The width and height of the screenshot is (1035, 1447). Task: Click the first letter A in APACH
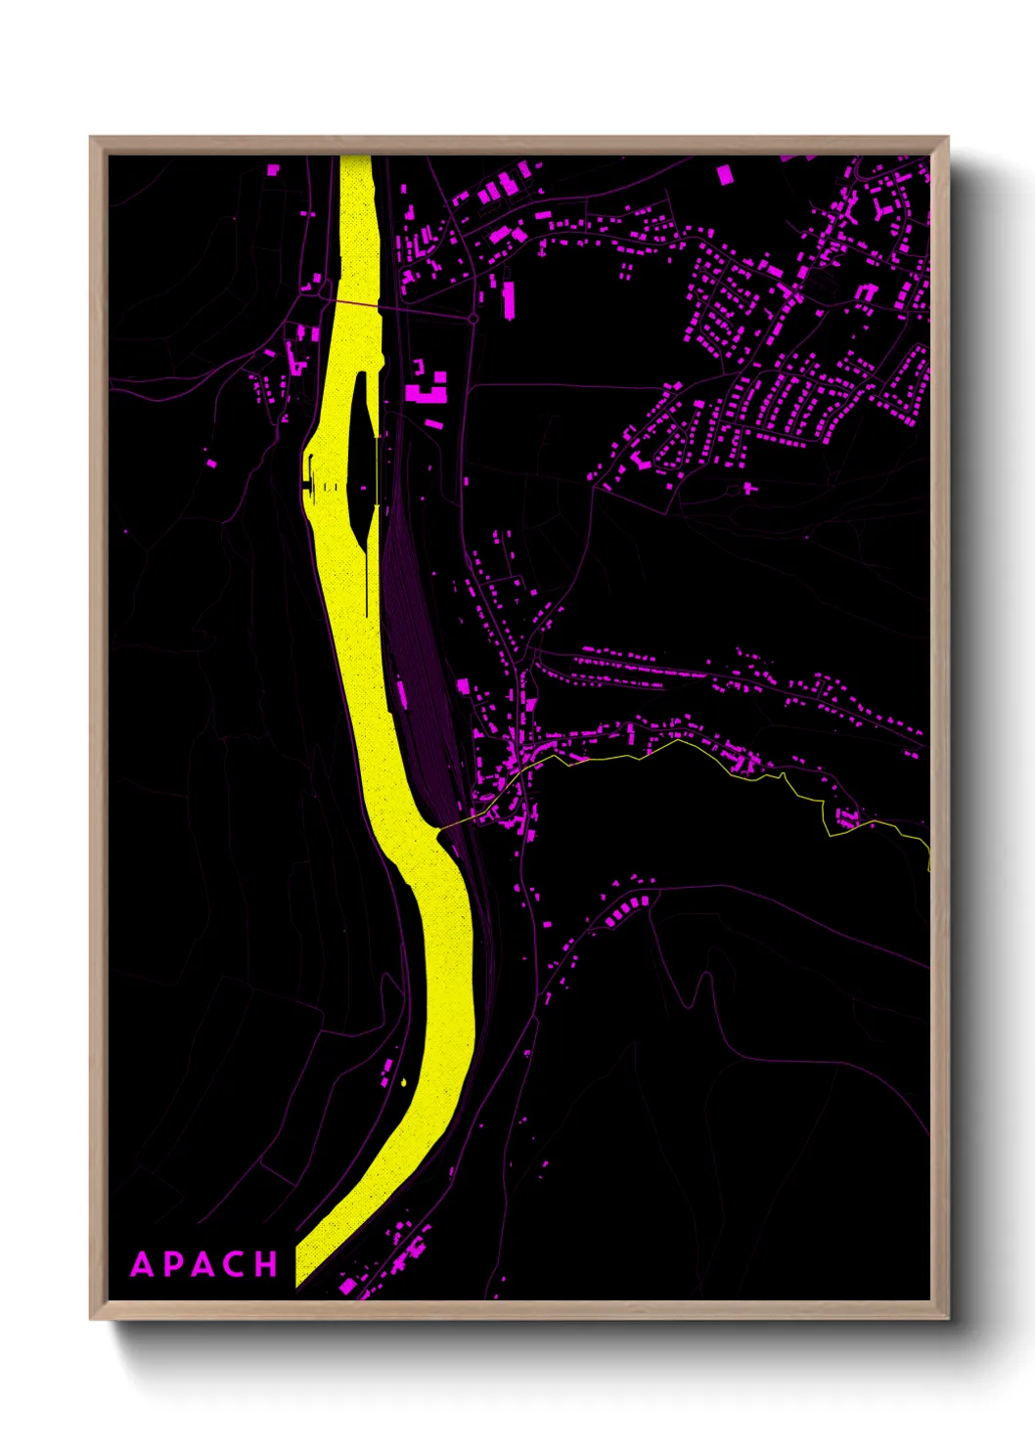point(143,1264)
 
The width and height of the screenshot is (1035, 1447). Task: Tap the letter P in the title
point(173,1264)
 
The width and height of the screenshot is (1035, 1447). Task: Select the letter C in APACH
point(235,1264)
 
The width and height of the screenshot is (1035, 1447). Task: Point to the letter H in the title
point(266,1264)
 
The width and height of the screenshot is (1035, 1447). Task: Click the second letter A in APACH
point(203,1264)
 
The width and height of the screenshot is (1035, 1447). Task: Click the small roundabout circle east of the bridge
point(473,319)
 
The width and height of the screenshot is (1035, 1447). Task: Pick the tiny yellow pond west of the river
point(403,1082)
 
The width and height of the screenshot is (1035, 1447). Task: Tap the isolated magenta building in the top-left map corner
point(273,170)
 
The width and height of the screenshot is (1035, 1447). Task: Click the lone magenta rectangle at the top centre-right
point(724,175)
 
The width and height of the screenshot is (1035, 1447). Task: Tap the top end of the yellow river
point(356,162)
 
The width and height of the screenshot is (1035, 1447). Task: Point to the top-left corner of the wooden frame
point(92,139)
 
